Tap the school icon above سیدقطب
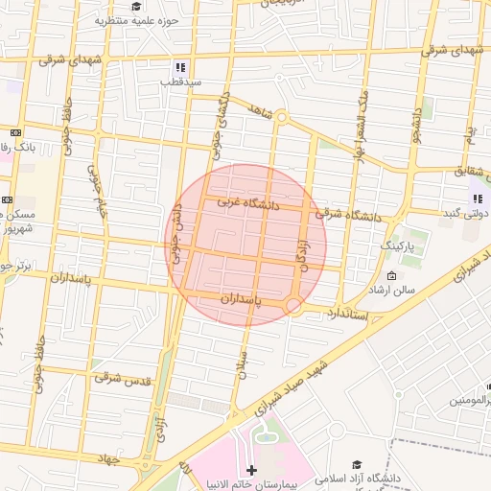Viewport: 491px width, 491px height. pyautogui.click(x=178, y=68)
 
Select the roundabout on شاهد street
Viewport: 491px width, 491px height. pyautogui.click(x=281, y=117)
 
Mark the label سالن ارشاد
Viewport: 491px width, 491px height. pyautogui.click(x=397, y=289)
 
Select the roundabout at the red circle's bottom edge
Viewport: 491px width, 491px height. pyautogui.click(x=294, y=306)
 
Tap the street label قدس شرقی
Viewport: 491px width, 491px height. pyautogui.click(x=123, y=379)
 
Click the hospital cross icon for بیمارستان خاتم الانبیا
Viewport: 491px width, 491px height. pyautogui.click(x=251, y=470)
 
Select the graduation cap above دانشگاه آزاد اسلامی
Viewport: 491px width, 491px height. pyautogui.click(x=358, y=465)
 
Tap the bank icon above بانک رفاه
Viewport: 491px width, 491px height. pyautogui.click(x=15, y=132)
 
